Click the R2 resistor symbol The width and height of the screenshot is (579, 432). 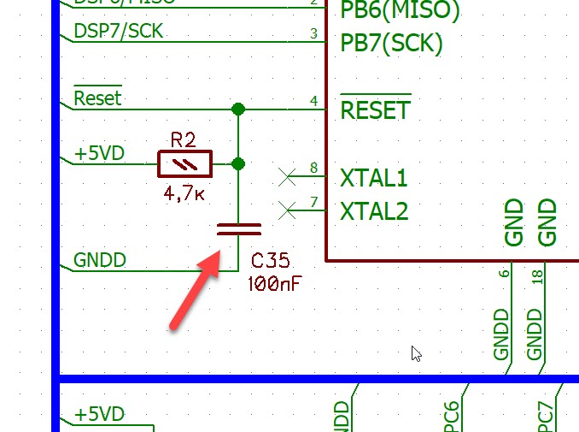pyautogui.click(x=184, y=163)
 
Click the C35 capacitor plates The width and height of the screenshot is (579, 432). pyautogui.click(x=238, y=228)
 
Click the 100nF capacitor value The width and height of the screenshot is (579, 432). pyautogui.click(x=275, y=284)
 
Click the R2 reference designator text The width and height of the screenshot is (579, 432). pyautogui.click(x=183, y=139)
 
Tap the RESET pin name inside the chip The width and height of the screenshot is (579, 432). pyautogui.click(x=376, y=110)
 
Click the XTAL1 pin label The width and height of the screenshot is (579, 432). pyautogui.click(x=374, y=179)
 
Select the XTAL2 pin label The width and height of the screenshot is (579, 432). pyautogui.click(x=374, y=210)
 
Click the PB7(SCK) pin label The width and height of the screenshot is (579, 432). pyautogui.click(x=391, y=43)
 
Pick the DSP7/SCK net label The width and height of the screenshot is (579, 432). pyautogui.click(x=118, y=32)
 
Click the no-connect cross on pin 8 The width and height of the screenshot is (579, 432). pyautogui.click(x=288, y=178)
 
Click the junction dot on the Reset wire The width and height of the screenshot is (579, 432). pyautogui.click(x=238, y=109)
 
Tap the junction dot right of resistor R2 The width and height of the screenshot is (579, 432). pyautogui.click(x=238, y=163)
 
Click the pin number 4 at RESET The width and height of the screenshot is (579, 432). pyautogui.click(x=313, y=102)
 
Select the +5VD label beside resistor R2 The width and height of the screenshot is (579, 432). pyautogui.click(x=99, y=153)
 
